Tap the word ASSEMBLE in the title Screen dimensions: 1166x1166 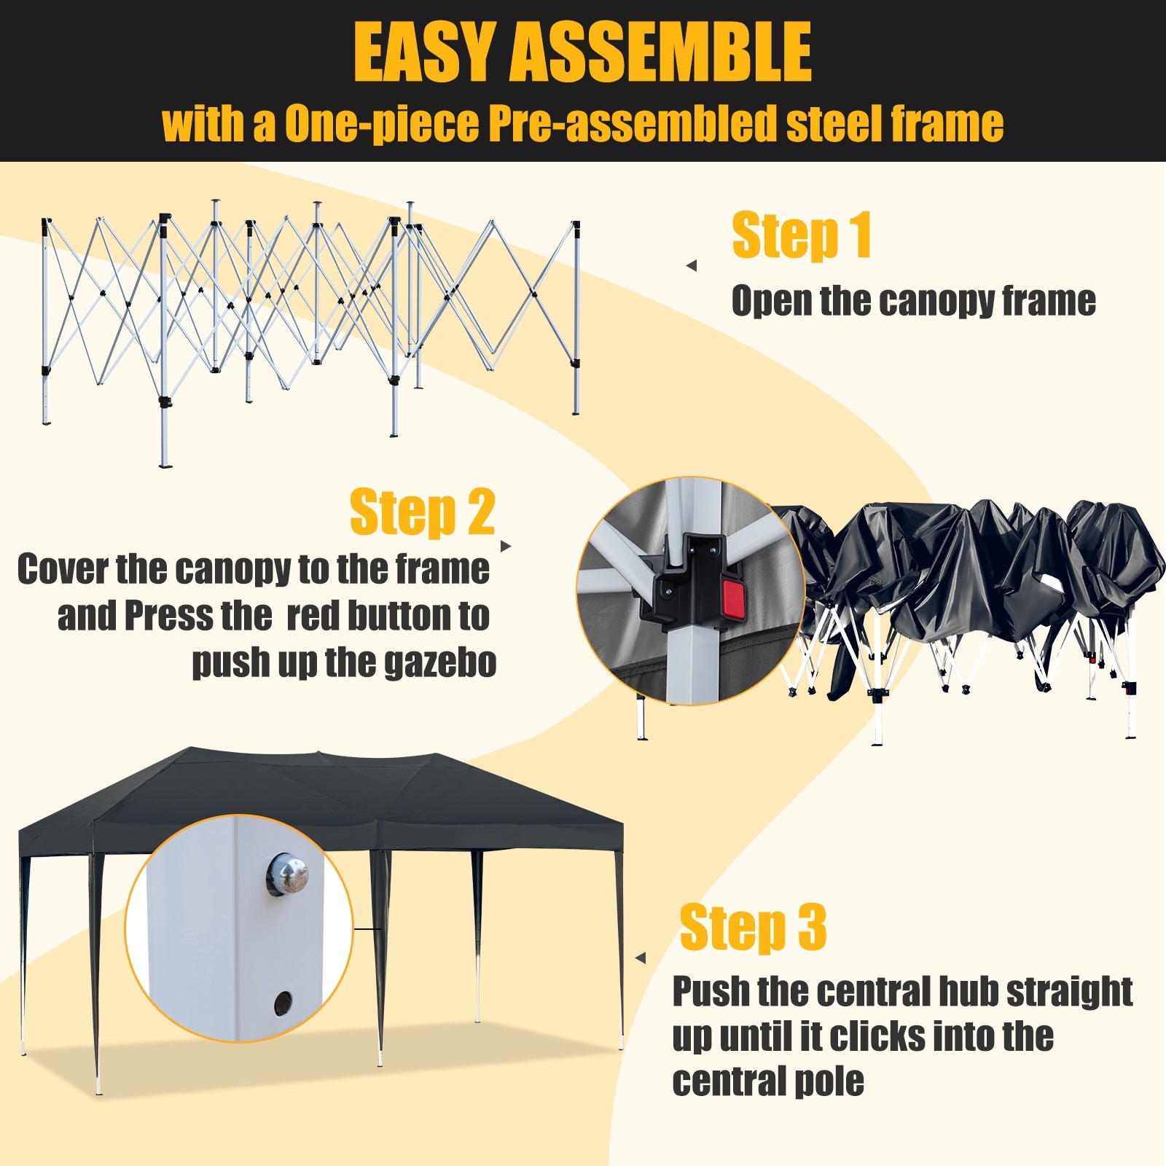(x=660, y=52)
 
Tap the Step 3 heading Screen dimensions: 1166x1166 (x=753, y=927)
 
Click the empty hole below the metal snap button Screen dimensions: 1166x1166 (x=283, y=1003)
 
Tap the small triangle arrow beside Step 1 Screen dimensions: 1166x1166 (x=692, y=266)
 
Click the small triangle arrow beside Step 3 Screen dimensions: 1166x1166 (x=641, y=958)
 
